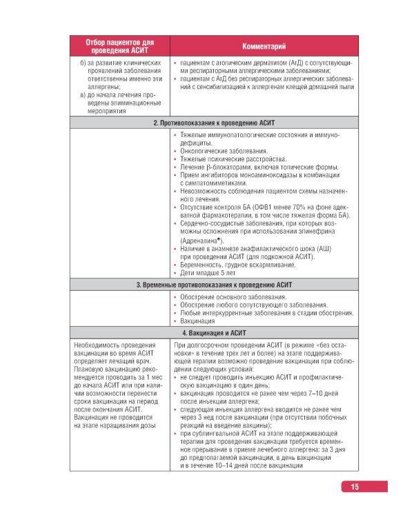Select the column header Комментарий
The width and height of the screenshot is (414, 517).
click(264, 46)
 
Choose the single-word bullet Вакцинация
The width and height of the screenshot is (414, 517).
click(201, 321)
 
